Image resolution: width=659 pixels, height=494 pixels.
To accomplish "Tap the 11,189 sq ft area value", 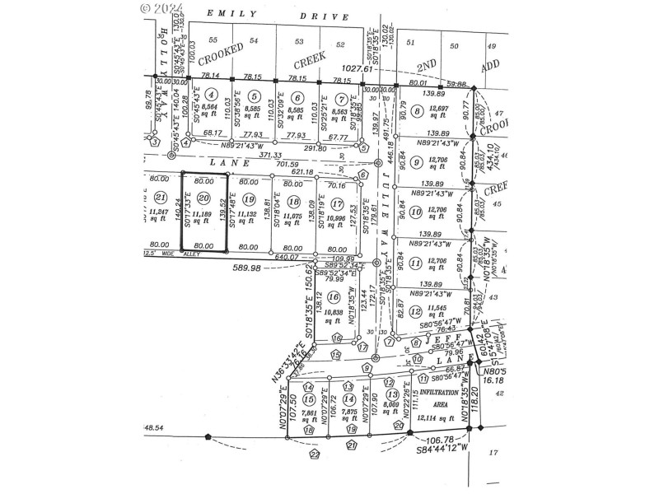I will (203, 217).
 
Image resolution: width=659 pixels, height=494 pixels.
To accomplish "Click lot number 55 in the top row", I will (213, 40).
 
